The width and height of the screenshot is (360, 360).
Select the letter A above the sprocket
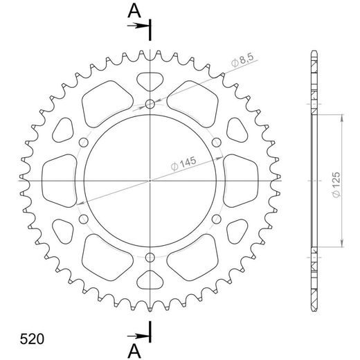click(x=132, y=9)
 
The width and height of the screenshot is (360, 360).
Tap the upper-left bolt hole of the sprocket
click(x=85, y=143)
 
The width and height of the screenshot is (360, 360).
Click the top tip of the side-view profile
click(x=314, y=53)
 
